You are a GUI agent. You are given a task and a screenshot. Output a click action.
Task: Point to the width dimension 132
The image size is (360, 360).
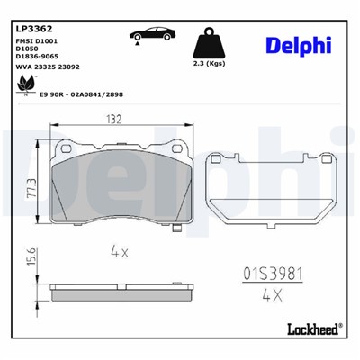tap(114, 120)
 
